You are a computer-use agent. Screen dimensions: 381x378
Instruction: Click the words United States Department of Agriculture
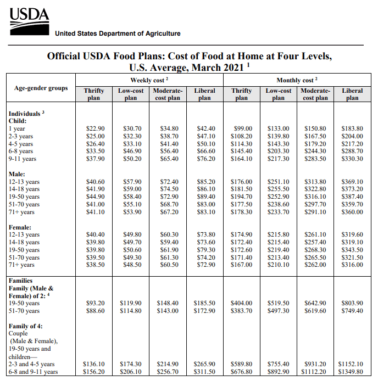point(118,33)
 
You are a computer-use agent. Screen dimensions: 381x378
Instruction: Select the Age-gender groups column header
point(41,88)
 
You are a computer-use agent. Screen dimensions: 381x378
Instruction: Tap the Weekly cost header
point(149,80)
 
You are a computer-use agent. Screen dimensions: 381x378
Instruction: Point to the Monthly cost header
point(297,80)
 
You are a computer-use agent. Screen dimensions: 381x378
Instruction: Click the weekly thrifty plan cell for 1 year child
point(95,128)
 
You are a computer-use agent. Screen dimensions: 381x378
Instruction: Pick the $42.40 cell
point(205,128)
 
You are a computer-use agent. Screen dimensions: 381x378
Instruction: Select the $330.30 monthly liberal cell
point(352,159)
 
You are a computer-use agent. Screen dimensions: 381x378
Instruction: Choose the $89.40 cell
point(205,197)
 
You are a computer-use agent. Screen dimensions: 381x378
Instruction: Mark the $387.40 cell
point(352,197)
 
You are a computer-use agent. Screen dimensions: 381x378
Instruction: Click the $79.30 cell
point(205,250)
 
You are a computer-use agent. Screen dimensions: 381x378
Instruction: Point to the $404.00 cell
point(242,303)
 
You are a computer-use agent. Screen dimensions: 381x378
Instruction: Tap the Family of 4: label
point(26,326)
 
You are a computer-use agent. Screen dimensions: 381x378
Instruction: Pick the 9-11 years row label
point(23,159)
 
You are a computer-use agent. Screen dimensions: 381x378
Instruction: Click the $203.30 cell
point(278,152)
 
